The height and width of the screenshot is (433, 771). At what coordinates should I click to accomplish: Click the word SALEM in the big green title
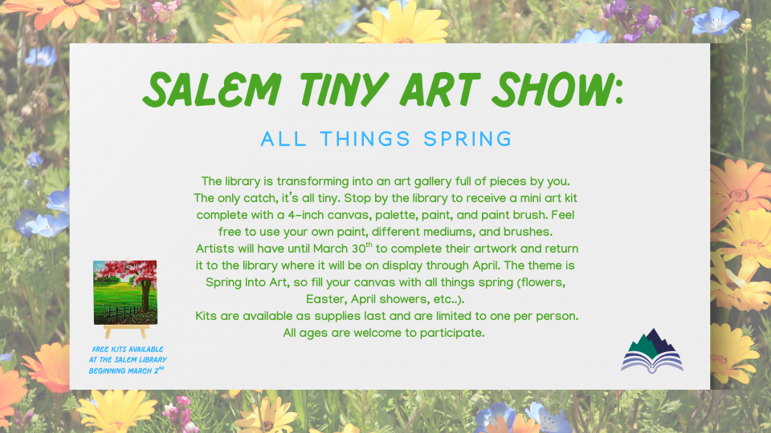tap(212, 89)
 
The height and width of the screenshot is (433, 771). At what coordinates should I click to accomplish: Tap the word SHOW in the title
tap(550, 89)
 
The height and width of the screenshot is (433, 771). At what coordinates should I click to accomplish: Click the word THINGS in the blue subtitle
tap(365, 139)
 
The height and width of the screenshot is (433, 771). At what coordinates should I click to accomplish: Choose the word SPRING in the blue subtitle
tap(467, 139)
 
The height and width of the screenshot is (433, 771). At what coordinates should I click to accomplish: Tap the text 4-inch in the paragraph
tap(306, 215)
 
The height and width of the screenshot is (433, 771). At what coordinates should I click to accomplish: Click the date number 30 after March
tap(358, 249)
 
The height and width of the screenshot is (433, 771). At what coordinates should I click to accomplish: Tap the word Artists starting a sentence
tap(215, 249)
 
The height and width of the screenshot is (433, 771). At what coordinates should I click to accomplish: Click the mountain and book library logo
tap(652, 351)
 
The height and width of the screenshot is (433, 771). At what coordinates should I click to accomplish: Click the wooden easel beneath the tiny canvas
tap(126, 331)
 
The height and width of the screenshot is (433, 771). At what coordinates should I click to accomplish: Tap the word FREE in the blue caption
tap(100, 350)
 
